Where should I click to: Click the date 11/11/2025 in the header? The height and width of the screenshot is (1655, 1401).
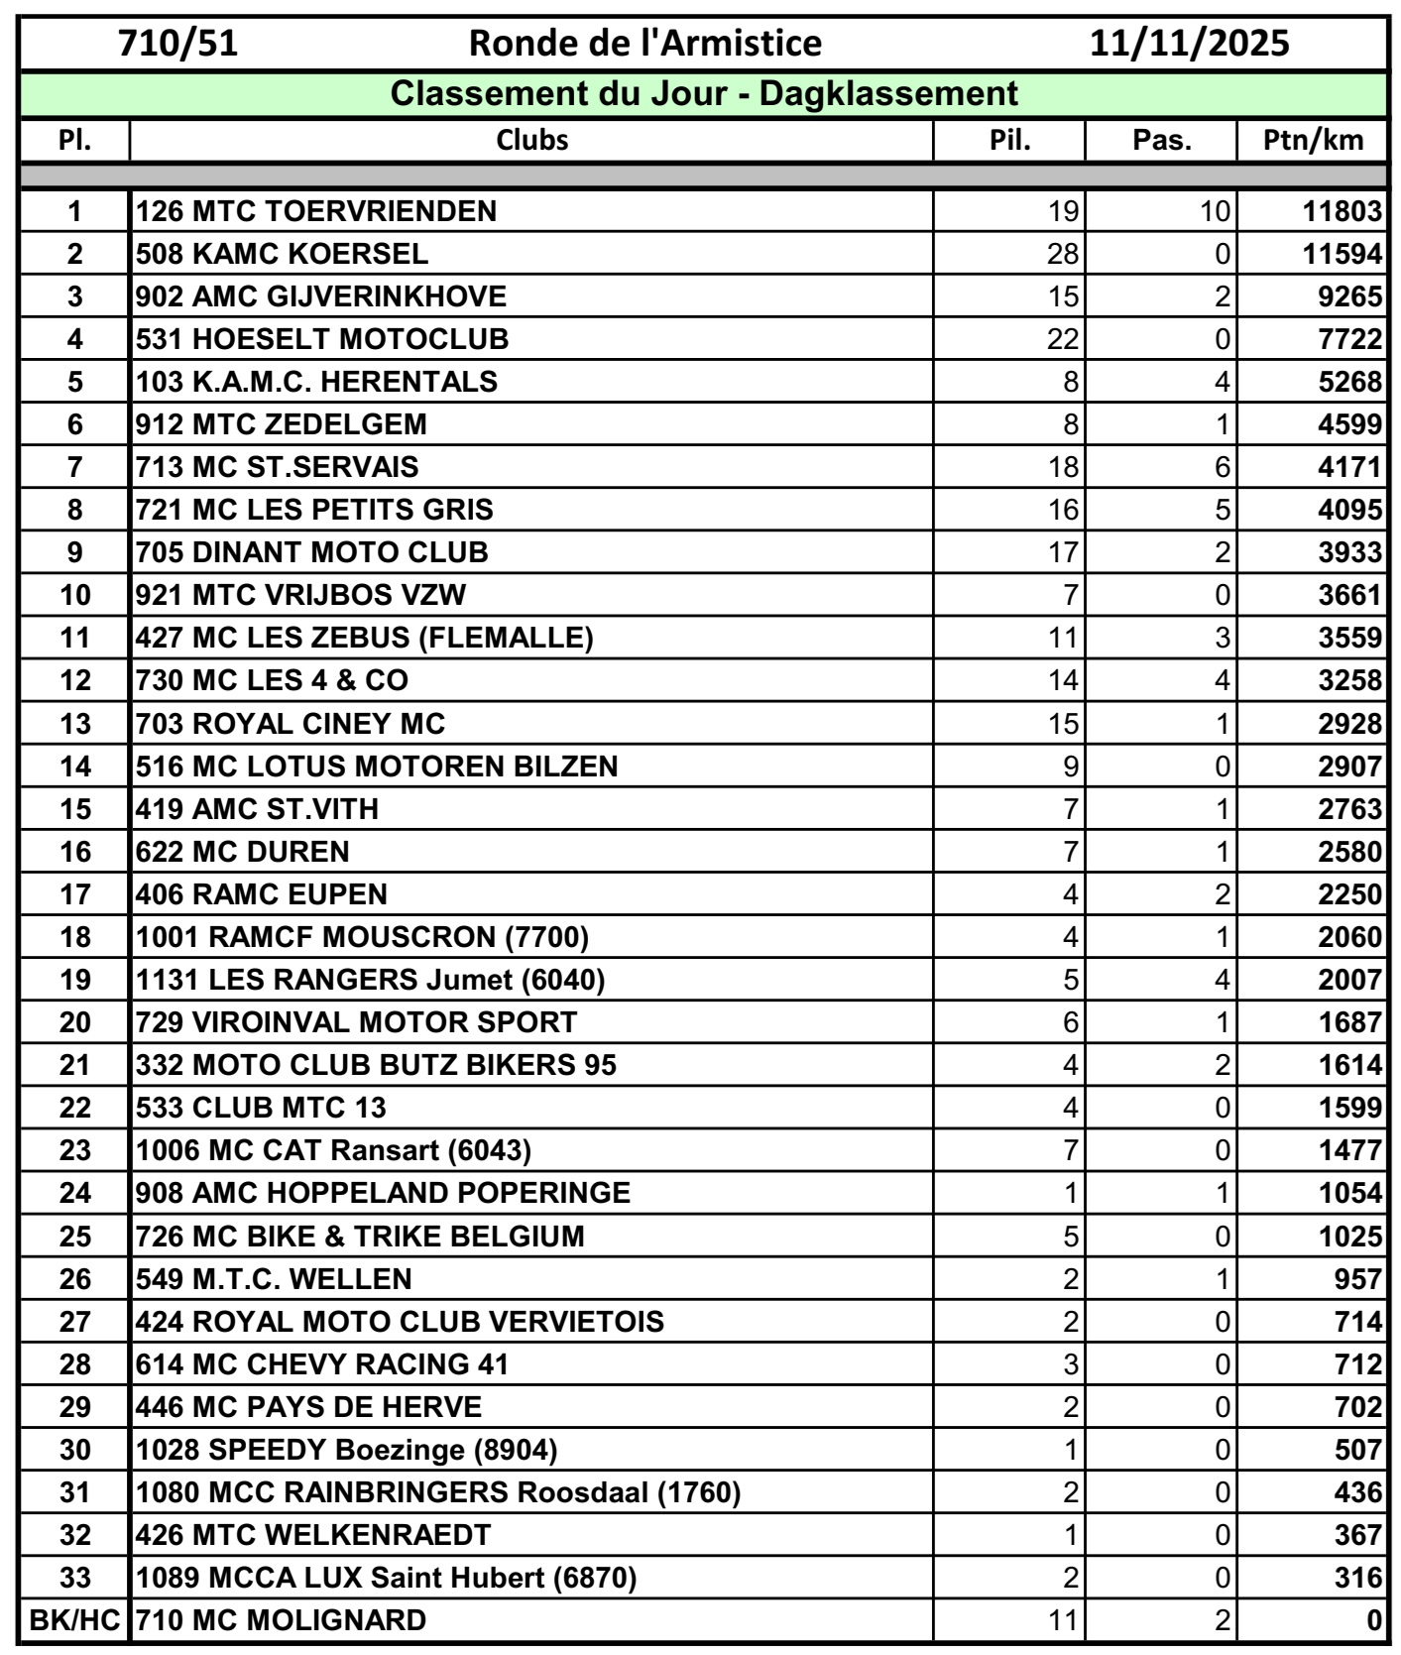1189,44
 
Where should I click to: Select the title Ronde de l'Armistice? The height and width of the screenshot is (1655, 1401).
644,44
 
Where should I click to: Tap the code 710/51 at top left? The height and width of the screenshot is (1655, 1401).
178,44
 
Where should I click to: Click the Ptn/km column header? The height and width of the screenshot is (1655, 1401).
1313,140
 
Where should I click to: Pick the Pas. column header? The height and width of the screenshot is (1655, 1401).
1161,140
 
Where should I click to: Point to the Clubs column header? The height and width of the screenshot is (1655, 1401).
531,140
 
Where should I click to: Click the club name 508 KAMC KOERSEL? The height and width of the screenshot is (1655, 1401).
282,254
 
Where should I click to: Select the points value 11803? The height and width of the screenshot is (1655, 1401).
1342,211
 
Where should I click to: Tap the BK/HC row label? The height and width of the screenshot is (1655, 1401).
74,1620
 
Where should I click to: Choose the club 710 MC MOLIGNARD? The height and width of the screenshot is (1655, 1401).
281,1620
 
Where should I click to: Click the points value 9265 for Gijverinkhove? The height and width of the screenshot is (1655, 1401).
1349,296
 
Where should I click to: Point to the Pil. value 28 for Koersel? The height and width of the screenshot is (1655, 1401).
1062,254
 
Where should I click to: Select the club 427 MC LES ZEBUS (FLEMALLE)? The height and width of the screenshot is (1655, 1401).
364,638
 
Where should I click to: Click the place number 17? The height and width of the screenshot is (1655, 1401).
74,894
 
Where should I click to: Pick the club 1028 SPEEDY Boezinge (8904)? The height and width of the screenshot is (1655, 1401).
346,1450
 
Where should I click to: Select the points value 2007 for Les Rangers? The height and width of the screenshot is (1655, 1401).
1349,980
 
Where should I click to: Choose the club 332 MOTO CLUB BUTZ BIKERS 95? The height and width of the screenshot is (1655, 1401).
376,1065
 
